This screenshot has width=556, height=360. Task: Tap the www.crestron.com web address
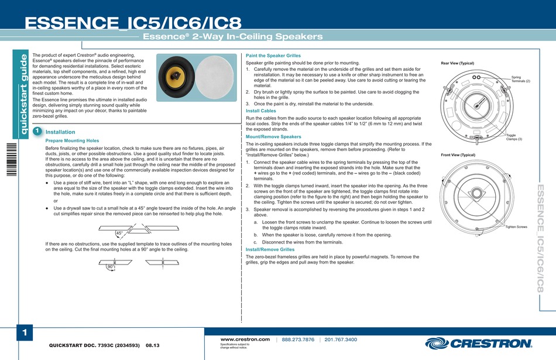[x=245, y=339]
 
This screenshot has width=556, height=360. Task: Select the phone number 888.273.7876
[x=298, y=339]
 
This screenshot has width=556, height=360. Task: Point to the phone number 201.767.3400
[x=341, y=339]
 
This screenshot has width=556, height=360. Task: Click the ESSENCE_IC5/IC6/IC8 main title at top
[x=133, y=24]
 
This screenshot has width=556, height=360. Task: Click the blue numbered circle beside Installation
[x=37, y=132]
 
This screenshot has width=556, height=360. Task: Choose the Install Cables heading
[x=260, y=110]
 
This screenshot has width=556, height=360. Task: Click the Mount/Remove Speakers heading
[x=273, y=136]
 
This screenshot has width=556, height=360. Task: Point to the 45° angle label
[x=119, y=233]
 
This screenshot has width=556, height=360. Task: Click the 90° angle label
[x=110, y=266]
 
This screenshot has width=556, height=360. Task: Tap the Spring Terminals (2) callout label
[x=520, y=79]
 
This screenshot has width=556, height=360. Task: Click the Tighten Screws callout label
[x=516, y=227]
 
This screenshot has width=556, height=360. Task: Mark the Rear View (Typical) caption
[x=458, y=63]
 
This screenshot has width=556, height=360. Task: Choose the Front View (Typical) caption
[x=458, y=155]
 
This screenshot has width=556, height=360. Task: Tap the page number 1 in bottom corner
[x=25, y=333]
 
